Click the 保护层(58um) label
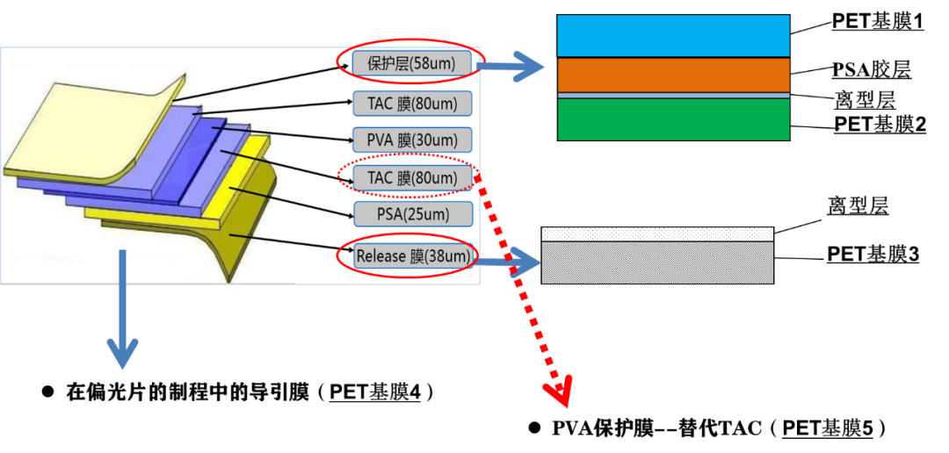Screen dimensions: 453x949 coord(411,63)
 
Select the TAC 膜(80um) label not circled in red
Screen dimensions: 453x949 coord(411,104)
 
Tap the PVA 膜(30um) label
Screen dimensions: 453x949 coord(411,140)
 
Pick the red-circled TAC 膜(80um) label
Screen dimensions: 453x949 coord(411,177)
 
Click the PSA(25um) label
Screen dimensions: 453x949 coord(411,213)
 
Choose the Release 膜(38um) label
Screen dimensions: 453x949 coord(411,256)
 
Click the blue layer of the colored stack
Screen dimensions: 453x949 coord(673,35)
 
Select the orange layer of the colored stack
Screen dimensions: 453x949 coord(673,75)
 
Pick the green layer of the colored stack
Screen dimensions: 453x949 coord(673,119)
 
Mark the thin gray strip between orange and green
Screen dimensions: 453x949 coord(673,95)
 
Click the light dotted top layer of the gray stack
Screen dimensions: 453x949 coord(657,234)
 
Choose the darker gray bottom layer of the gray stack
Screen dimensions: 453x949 coord(657,262)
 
